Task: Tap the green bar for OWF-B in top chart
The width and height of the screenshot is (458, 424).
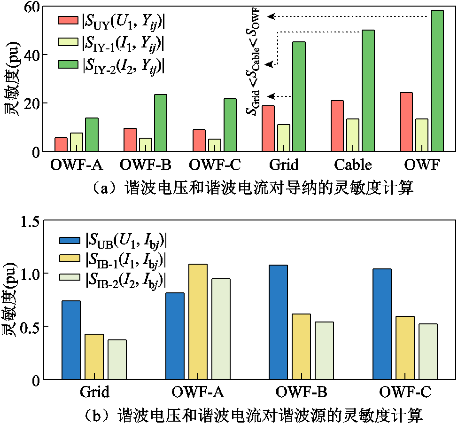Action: click(160, 123)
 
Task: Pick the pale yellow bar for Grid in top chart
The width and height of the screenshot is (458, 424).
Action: click(284, 138)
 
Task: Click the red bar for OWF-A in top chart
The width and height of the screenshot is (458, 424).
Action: click(61, 144)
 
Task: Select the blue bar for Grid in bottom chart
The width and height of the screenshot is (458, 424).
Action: click(71, 339)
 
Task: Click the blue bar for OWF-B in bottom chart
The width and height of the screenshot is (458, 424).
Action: click(278, 322)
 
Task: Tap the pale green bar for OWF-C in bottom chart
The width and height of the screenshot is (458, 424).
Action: click(427, 351)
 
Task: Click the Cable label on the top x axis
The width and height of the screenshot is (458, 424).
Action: click(353, 165)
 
